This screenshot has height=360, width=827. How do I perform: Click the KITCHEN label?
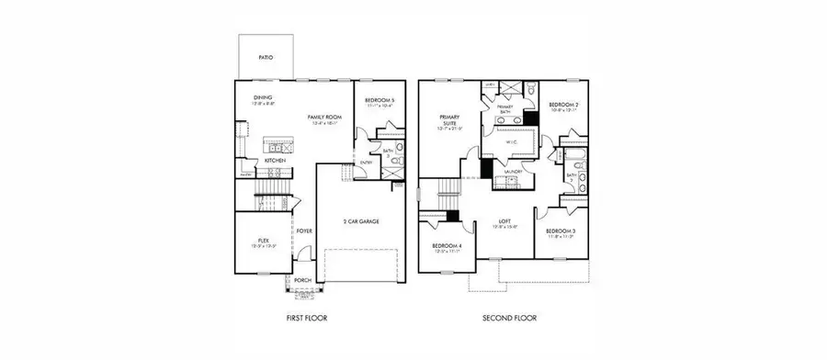point(276,161)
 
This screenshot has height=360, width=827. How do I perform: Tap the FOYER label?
point(304,231)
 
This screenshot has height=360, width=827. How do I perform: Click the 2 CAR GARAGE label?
point(360,222)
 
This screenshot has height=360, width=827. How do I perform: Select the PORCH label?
point(302,280)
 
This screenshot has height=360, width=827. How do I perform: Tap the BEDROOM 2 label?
point(561,106)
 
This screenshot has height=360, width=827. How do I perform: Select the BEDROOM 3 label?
point(560,231)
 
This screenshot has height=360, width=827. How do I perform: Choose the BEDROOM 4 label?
point(447,246)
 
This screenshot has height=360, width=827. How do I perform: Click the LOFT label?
point(505,220)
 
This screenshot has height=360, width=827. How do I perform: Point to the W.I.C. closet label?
point(514,142)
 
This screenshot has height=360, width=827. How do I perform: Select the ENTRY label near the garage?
point(365,163)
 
